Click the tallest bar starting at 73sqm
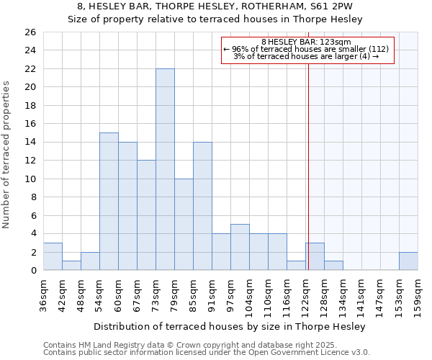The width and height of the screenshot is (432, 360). click(x=165, y=169)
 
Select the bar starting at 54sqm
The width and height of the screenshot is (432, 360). click(x=109, y=202)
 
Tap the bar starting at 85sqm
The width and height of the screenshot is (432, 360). click(x=202, y=206)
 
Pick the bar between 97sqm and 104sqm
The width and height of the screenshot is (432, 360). click(x=240, y=248)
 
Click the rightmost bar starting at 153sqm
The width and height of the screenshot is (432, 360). click(x=408, y=261)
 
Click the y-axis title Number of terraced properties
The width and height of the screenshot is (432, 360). click(x=7, y=154)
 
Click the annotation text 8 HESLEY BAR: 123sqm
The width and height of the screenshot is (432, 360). click(x=306, y=42)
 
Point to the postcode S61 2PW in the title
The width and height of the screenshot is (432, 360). click(x=323, y=6)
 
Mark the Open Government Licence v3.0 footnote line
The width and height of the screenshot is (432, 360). click(x=207, y=352)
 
